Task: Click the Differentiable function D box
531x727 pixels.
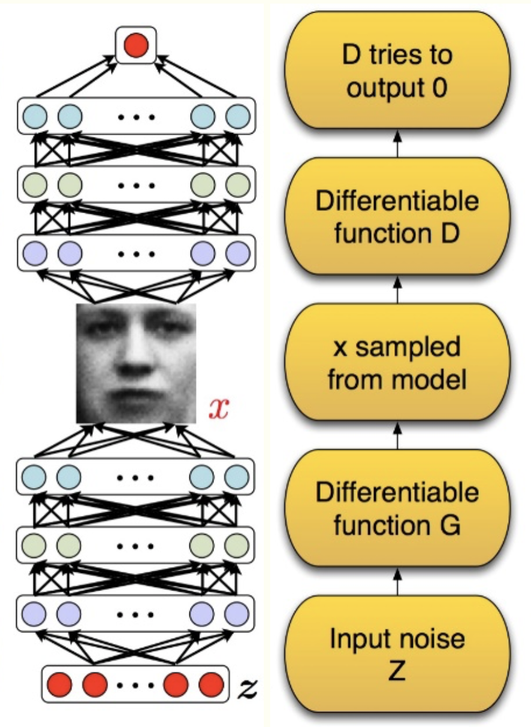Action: coord(397,216)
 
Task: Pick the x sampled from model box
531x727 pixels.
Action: coord(397,362)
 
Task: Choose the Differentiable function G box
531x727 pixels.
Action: coord(397,508)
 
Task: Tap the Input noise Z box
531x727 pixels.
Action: coord(397,655)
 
